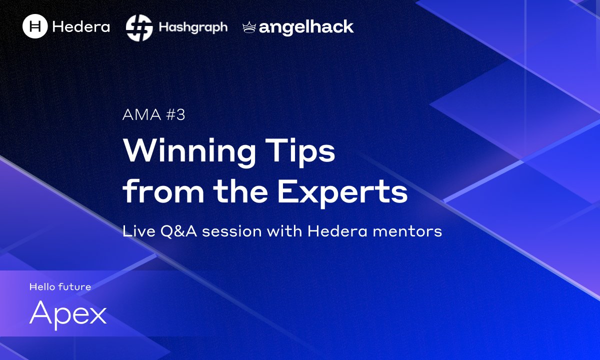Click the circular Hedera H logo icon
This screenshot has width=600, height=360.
pyautogui.click(x=35, y=26)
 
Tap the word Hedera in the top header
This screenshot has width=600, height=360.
pyautogui.click(x=80, y=26)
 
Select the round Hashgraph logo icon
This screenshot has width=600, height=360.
pyautogui.click(x=139, y=27)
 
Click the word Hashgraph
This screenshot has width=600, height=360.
pyautogui.click(x=193, y=27)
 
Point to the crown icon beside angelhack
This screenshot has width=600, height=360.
pyautogui.click(x=249, y=27)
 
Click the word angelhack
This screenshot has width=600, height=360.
pyautogui.click(x=306, y=27)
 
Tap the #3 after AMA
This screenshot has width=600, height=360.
pyautogui.click(x=175, y=115)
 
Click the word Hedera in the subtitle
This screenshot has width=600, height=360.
pyautogui.click(x=328, y=231)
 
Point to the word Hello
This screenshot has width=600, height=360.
pyautogui.click(x=42, y=287)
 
